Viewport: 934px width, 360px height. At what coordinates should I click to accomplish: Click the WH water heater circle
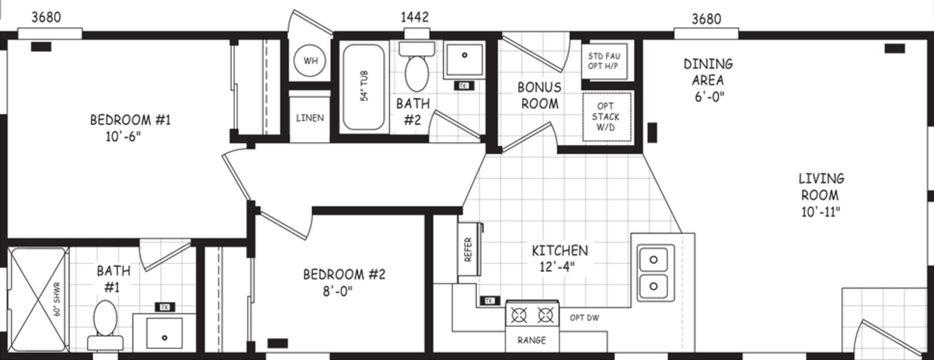310,61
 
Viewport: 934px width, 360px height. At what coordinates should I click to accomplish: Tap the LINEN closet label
310,118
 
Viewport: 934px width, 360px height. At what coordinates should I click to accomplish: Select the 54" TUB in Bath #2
364,86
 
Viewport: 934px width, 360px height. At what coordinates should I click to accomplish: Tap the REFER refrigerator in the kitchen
469,249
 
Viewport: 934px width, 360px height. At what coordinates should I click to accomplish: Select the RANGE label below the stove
532,340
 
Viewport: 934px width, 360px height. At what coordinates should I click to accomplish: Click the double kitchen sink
653,273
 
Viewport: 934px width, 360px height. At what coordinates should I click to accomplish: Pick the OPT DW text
584,318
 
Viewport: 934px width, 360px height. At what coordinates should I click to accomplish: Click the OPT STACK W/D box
606,117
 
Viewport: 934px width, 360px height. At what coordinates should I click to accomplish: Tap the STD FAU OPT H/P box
604,61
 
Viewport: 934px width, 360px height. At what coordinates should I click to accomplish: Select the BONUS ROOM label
539,95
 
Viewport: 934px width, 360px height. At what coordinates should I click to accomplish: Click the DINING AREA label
708,72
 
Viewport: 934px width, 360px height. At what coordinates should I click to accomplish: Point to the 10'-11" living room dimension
820,212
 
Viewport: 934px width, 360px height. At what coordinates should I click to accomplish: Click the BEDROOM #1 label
130,120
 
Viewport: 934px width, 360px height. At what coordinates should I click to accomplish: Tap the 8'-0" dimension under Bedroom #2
337,291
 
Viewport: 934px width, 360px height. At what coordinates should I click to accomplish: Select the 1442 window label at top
415,18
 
